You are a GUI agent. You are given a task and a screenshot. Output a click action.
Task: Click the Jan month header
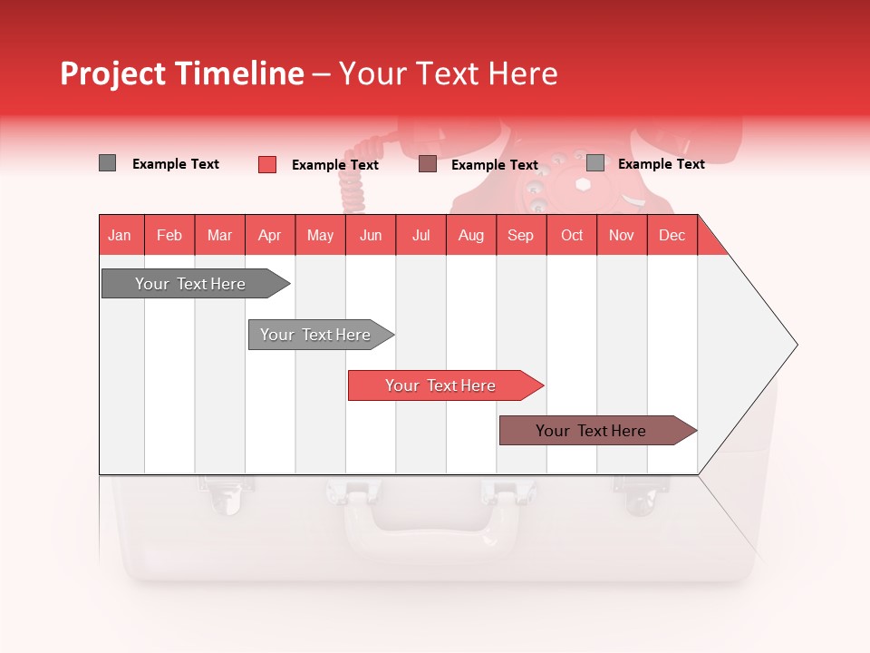(121, 235)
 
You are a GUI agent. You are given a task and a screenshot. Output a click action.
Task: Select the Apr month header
(270, 235)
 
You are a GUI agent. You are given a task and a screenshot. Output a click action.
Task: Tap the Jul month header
(420, 235)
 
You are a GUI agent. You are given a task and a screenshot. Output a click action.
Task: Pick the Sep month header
(520, 235)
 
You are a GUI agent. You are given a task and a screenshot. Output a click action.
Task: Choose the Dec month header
(672, 235)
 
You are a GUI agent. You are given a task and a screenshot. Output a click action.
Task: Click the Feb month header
(169, 235)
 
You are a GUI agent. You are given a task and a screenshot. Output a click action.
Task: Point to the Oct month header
(572, 235)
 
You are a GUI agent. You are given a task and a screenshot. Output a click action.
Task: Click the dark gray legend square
(107, 163)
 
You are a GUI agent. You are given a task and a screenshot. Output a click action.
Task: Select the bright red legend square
(267, 164)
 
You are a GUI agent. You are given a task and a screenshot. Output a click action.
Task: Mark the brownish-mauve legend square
(428, 164)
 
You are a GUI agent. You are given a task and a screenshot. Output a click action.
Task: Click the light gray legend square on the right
(595, 163)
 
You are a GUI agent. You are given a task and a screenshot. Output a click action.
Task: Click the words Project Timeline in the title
(182, 73)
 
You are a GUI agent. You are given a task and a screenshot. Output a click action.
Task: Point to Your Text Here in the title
(448, 73)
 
